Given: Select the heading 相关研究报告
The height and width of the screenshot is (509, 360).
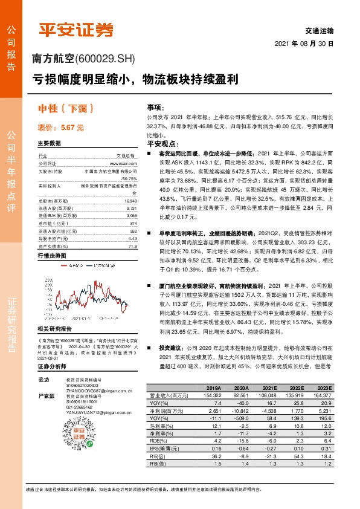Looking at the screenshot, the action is tap(54, 329).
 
